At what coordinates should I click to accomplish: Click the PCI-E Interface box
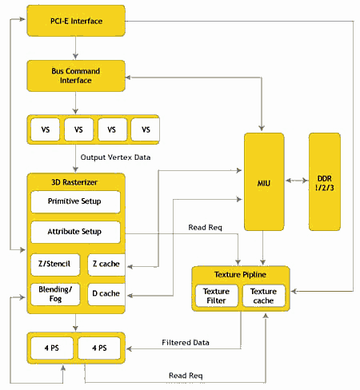click(76, 21)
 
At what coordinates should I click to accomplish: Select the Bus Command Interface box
click(76, 76)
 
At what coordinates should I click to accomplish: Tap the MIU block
click(264, 182)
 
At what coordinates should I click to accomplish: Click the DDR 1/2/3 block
click(325, 182)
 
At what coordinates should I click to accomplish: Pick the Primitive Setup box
click(75, 202)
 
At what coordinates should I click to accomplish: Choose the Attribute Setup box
click(75, 232)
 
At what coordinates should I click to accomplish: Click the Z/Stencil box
click(55, 265)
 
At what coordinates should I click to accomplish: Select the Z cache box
click(106, 265)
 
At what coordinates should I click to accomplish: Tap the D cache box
click(106, 294)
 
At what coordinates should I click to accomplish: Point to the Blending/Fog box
click(55, 294)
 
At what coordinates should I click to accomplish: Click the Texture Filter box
click(217, 296)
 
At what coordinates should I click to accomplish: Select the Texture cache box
click(264, 296)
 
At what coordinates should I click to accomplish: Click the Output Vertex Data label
click(115, 157)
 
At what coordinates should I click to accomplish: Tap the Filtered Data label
click(186, 342)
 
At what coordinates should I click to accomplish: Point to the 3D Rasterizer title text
click(74, 182)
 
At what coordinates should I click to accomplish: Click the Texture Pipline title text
click(240, 274)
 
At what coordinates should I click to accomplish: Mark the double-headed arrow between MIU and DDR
click(297, 181)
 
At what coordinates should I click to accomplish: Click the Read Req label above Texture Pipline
click(205, 227)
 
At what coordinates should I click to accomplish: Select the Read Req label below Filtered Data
click(186, 376)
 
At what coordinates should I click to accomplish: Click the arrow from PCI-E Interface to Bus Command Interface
click(75, 48)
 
